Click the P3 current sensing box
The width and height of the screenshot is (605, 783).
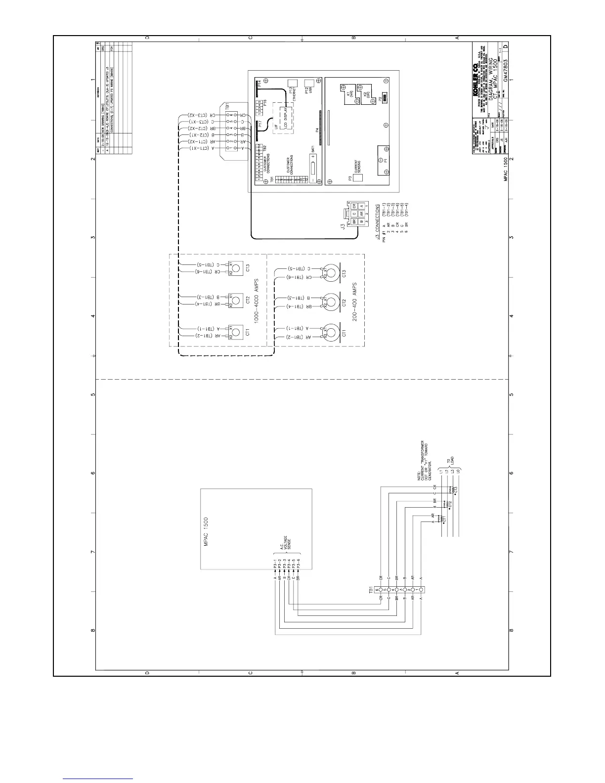tap(358, 178)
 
